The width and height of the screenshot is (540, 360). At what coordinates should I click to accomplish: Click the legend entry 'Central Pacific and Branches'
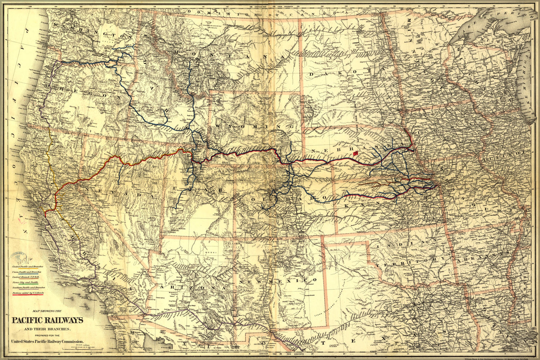click(x=28, y=266)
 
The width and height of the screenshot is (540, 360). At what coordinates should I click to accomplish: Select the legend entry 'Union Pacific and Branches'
click(x=27, y=272)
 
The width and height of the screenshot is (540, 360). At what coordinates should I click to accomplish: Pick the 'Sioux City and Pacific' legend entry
click(x=25, y=283)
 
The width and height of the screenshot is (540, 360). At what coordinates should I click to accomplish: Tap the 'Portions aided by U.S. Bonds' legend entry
click(x=28, y=293)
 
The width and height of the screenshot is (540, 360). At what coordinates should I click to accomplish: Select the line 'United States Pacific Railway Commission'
click(x=48, y=341)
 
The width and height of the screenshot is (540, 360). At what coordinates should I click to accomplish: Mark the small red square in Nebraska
click(x=356, y=153)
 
